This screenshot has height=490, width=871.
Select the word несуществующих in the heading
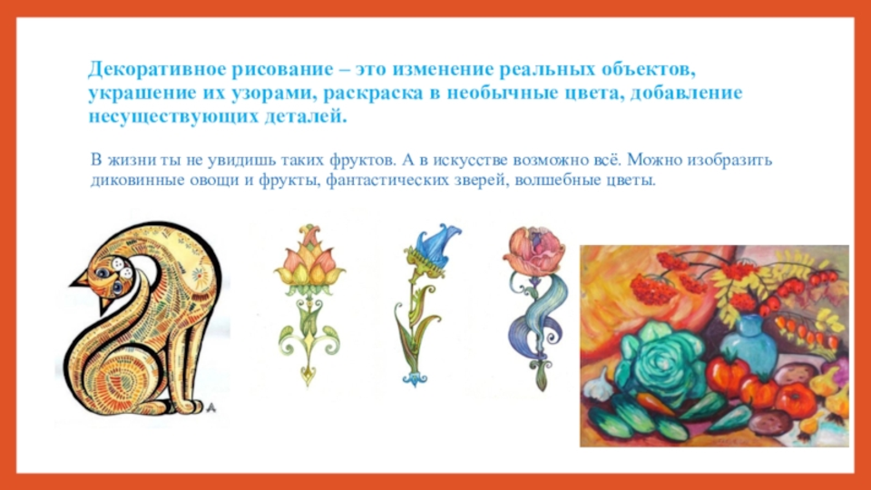(172, 117)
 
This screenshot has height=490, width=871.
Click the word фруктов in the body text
(362, 161)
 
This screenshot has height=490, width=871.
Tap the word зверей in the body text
(480, 181)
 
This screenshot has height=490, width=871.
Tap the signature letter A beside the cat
(210, 408)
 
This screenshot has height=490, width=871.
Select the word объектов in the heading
(648, 70)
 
